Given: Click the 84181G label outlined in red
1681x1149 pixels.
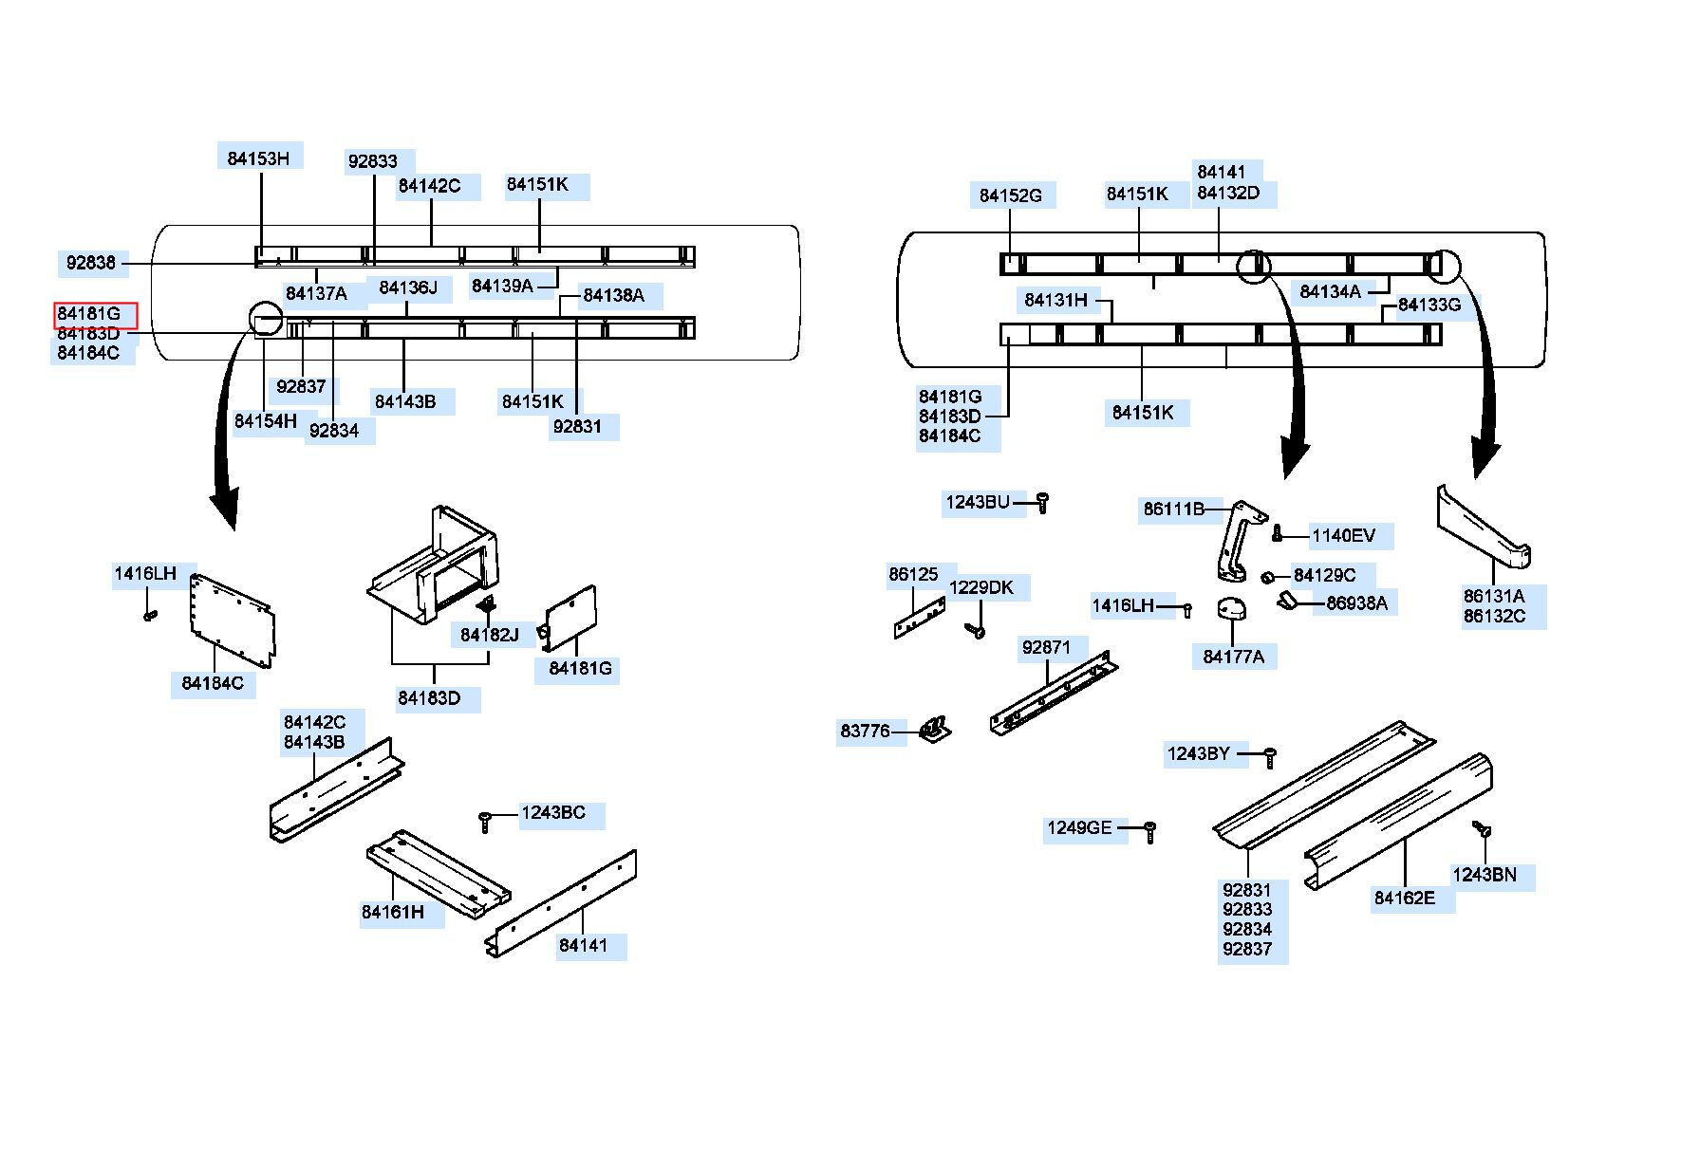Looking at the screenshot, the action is pos(89,314).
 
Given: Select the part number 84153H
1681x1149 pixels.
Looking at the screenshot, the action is pos(258,158).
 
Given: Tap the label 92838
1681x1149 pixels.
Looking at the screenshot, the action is pos(91,263).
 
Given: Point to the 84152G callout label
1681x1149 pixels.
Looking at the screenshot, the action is pos(1010,195).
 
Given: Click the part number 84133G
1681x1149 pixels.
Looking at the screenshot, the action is pos(1429,305).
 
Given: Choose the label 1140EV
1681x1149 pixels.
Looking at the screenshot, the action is pos(1343,536).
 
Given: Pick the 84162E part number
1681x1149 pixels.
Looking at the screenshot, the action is pos(1405,898).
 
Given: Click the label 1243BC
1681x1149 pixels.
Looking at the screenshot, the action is pos(553,813).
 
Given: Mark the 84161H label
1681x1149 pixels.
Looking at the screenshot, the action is pos(393,913).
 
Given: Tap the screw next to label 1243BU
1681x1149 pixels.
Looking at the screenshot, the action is pos(1042,502).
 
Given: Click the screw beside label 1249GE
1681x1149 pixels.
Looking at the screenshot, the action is pos(1149,832).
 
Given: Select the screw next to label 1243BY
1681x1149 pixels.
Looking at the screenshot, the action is pos(1270,757).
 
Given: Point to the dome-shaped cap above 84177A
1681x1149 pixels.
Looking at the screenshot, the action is pos(1232,609).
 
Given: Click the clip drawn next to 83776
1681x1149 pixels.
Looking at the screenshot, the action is pos(935,730).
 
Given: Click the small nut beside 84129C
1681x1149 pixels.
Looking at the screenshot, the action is pos(1267,578).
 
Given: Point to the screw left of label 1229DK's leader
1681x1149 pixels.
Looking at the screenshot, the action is pos(973,629).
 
